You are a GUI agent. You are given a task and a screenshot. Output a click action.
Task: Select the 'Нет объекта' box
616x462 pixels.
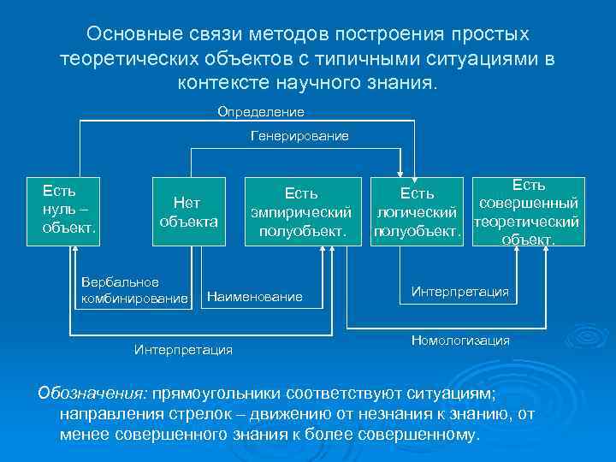188,211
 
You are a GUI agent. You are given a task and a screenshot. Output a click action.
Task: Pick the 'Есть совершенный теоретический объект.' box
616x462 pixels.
527,211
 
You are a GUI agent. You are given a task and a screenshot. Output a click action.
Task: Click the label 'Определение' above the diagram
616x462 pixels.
261,112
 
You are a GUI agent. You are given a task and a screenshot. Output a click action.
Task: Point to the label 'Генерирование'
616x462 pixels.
299,137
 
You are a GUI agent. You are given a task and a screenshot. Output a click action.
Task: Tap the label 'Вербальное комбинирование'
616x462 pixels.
133,290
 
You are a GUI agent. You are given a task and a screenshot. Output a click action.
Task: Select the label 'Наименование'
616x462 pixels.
266,296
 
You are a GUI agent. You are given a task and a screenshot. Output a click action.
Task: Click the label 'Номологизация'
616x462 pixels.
460,340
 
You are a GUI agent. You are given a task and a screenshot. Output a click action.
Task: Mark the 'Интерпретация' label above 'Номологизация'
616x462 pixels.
460,292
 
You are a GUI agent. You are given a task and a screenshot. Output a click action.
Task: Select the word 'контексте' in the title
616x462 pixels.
224,83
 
